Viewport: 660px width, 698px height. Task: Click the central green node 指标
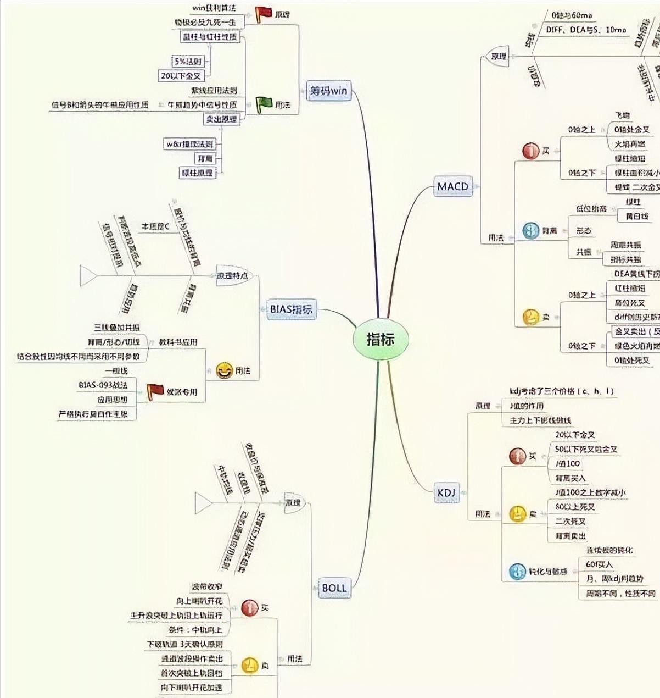[380, 339]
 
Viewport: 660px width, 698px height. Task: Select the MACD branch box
[452, 186]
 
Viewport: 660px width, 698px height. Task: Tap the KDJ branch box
[446, 493]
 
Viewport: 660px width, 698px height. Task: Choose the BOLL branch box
[334, 588]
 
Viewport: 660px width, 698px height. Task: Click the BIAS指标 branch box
[290, 309]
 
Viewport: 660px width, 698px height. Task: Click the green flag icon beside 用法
[264, 104]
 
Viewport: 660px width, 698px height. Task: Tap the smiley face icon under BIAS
[224, 371]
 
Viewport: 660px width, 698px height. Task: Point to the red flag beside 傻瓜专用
[155, 391]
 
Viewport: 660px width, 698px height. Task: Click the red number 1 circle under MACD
[530, 151]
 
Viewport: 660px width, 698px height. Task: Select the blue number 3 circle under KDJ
[517, 572]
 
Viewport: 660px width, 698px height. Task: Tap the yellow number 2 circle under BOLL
[250, 666]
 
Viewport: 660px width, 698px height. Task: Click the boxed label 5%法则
[188, 62]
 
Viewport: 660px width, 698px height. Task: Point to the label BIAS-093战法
[103, 385]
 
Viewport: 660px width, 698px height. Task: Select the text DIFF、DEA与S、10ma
[586, 30]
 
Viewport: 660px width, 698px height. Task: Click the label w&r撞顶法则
[190, 144]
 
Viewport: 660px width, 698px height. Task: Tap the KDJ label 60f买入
[599, 564]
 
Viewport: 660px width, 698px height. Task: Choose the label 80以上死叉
[574, 507]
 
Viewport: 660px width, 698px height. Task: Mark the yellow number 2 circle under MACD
[530, 317]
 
